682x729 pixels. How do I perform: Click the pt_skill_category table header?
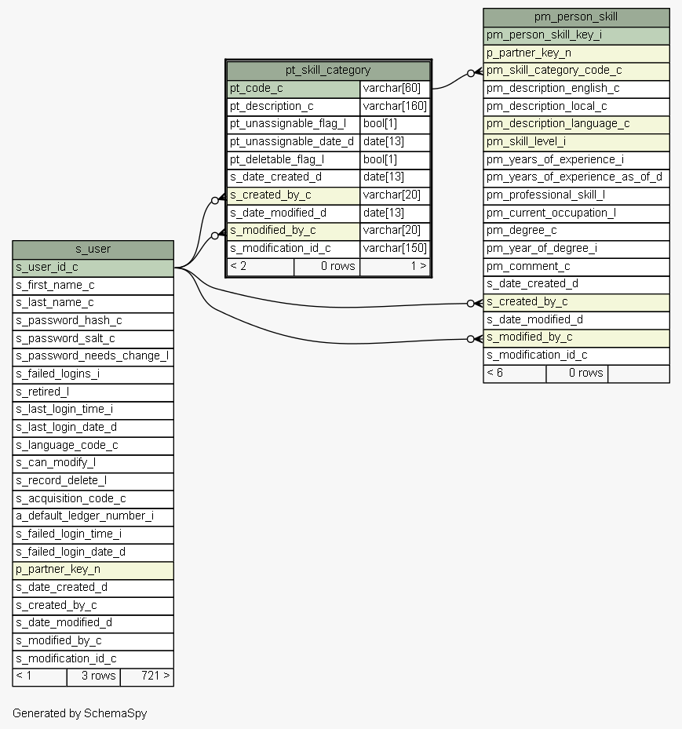[x=328, y=71]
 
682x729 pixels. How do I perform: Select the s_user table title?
[x=93, y=250]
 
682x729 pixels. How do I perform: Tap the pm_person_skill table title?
[x=576, y=17]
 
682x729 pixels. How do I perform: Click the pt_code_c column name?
[x=256, y=89]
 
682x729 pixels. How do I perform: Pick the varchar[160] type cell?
[x=395, y=107]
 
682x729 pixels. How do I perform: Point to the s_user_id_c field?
[x=93, y=268]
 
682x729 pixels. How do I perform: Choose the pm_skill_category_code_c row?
[x=576, y=71]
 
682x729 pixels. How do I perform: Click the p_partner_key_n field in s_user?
[x=93, y=570]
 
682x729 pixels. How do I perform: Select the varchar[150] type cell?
[x=395, y=249]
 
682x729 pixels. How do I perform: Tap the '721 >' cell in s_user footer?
[x=147, y=676]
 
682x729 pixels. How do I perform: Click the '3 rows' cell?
[x=93, y=676]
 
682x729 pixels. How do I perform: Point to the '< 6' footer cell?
[x=515, y=374]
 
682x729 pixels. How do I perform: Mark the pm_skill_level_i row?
[x=576, y=142]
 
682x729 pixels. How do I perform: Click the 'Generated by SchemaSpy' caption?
[x=79, y=713]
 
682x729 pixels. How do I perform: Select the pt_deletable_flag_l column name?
[x=277, y=160]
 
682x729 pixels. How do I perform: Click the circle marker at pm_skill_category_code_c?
[x=471, y=73]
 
